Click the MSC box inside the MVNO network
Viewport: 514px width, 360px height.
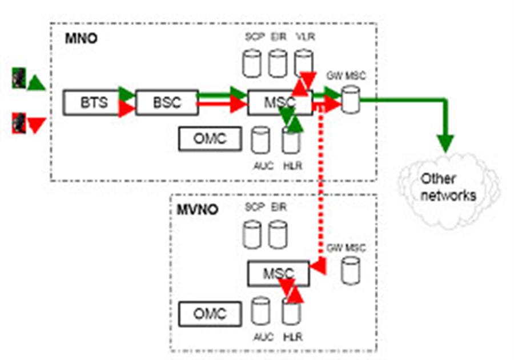point(278,273)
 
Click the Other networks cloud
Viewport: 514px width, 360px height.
point(448,187)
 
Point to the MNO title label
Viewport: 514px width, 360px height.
point(81,41)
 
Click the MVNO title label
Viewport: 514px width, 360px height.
point(197,209)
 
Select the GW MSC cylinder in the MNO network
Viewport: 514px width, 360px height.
point(350,98)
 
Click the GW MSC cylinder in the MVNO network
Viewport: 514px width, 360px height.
point(350,270)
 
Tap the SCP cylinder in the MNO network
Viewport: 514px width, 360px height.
point(252,63)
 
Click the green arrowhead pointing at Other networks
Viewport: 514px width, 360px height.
point(445,142)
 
